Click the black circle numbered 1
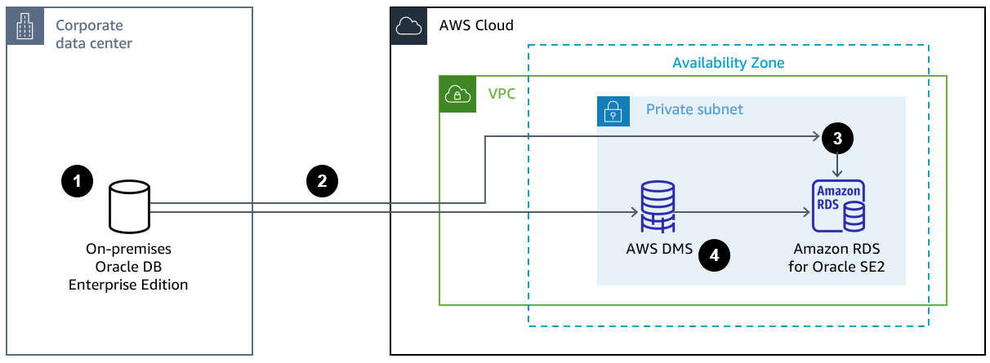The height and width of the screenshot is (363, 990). [78, 182]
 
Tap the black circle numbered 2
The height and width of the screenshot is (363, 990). [322, 182]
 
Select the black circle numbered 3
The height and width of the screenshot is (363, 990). [836, 138]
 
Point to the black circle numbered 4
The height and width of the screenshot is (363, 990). [715, 255]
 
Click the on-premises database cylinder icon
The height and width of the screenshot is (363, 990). [129, 207]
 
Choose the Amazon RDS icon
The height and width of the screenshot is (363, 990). [837, 206]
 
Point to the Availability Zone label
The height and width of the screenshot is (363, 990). [729, 63]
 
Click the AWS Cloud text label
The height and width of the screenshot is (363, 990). [476, 25]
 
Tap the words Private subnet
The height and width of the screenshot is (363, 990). [694, 109]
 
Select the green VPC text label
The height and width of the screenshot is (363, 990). [502, 93]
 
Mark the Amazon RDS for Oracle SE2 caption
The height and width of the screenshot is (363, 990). [836, 256]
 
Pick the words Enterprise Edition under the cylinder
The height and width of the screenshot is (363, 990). [128, 285]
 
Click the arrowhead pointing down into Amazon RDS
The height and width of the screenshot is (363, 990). [836, 172]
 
